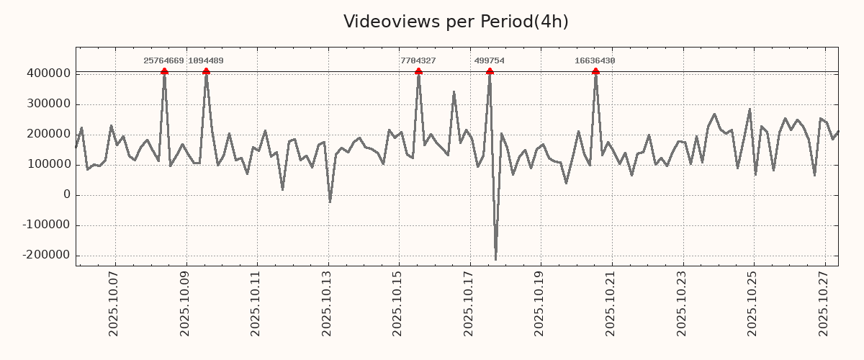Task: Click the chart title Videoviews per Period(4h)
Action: [456, 22]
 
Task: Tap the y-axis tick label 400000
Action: [48, 73]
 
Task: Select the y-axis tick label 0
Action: [66, 194]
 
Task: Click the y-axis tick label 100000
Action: [48, 164]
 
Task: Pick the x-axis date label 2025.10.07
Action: [114, 306]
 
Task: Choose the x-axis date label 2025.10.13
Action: [327, 306]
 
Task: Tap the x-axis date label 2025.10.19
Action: [539, 306]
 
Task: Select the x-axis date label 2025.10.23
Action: [681, 306]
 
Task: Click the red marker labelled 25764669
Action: [164, 71]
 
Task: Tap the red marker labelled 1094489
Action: [206, 71]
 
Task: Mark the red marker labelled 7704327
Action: [418, 71]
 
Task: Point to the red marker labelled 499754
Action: [490, 71]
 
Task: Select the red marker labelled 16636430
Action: [595, 71]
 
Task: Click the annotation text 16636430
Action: [595, 61]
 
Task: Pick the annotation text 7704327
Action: [418, 61]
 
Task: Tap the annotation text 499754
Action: [489, 61]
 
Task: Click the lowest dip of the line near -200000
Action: [495, 259]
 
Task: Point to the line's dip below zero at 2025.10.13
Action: [330, 202]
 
